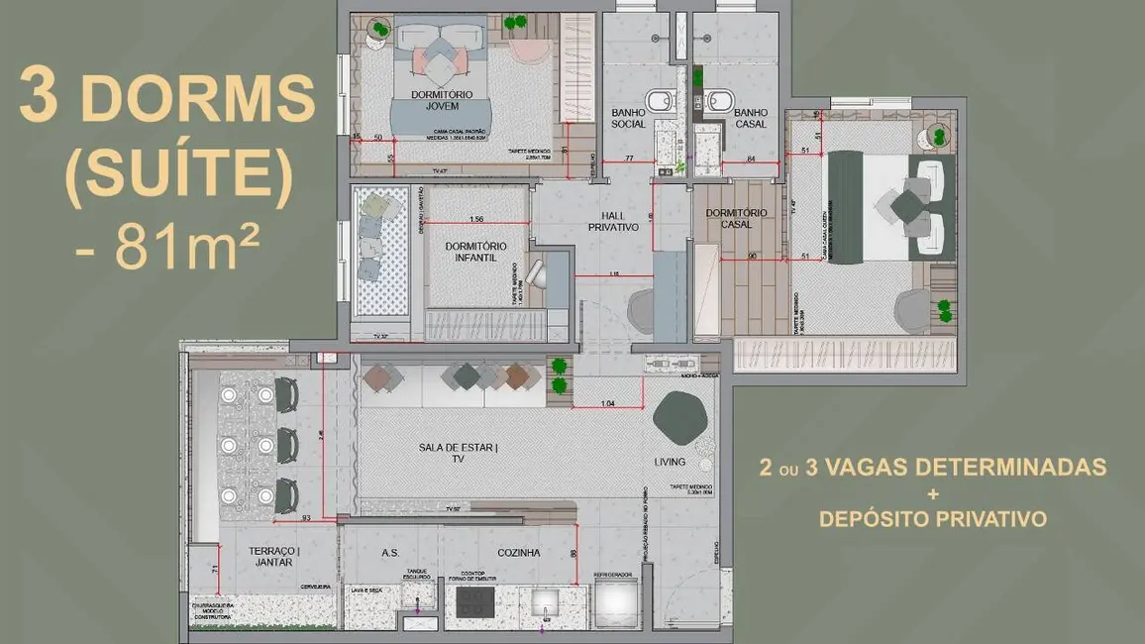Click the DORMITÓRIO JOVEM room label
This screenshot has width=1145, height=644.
[442, 99]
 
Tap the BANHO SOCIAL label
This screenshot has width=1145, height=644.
[629, 118]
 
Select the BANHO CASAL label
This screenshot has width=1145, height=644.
[750, 118]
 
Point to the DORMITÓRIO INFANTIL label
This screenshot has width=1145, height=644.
[475, 252]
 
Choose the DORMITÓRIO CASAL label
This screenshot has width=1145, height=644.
[737, 218]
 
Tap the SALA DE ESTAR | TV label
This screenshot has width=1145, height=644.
[459, 453]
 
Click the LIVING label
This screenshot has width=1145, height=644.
[670, 462]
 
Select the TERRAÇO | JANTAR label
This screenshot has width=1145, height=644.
[273, 556]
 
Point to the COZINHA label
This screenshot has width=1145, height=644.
[518, 553]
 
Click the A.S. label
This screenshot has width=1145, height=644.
[389, 553]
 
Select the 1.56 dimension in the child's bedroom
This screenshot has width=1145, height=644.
[475, 220]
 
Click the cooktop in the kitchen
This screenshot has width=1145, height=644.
[474, 601]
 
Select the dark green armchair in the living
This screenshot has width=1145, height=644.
[682, 417]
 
